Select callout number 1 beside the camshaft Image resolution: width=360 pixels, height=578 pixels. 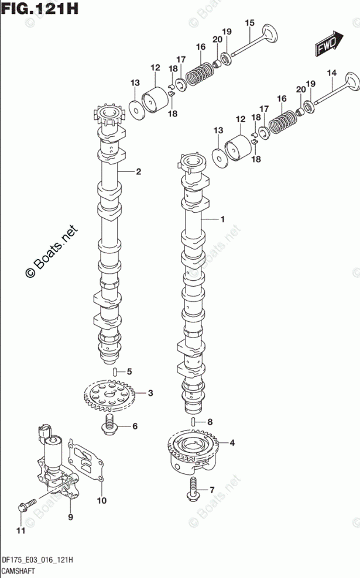[222, 219]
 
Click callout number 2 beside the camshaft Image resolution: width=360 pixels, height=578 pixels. [139, 171]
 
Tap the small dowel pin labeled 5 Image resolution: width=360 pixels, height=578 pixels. [115, 372]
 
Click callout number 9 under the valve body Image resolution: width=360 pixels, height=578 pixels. [70, 517]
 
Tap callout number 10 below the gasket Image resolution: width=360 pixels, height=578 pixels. [101, 500]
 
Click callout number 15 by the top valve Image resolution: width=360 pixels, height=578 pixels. [249, 23]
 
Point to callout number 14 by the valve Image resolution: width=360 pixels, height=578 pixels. [332, 73]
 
